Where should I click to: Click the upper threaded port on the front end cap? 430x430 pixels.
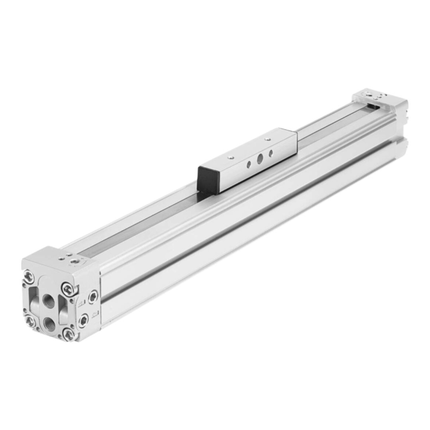click(49, 301)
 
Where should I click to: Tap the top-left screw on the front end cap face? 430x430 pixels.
click(28, 276)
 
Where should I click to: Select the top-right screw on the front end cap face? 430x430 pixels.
click(68, 289)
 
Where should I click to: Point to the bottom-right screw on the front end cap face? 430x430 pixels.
click(68, 334)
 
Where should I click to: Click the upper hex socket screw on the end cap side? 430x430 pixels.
click(93, 296)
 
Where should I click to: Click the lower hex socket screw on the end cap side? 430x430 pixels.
click(84, 319)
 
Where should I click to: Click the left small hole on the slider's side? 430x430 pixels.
click(249, 164)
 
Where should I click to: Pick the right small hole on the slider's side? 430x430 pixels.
click(271, 153)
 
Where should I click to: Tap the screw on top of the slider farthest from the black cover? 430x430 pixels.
click(268, 139)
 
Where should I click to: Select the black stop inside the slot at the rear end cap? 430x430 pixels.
click(373, 106)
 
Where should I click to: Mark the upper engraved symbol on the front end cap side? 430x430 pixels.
click(81, 304)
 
